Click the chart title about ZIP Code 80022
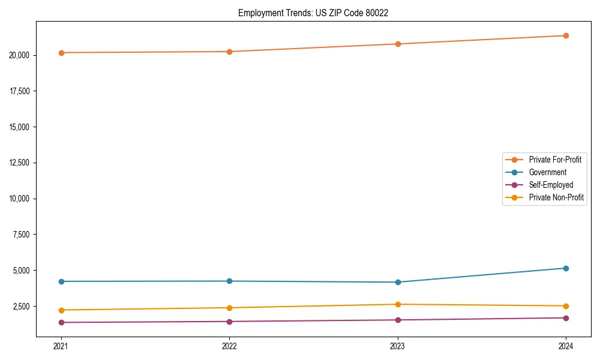pos(313,13)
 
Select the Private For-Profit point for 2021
pos(61,53)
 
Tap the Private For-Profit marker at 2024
pos(566,35)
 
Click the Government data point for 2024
pos(566,268)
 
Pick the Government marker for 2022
pos(229,281)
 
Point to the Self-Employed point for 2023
pos(398,320)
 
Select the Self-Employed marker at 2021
pos(61,322)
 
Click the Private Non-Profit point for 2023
pos(398,304)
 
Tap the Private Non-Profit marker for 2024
pos(566,306)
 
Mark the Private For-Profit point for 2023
pos(398,44)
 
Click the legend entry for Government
pos(547,172)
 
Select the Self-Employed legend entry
pos(551,185)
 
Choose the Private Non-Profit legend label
pos(556,197)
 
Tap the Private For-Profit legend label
pos(555,160)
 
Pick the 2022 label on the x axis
pos(229,346)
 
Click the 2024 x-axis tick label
pos(566,346)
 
